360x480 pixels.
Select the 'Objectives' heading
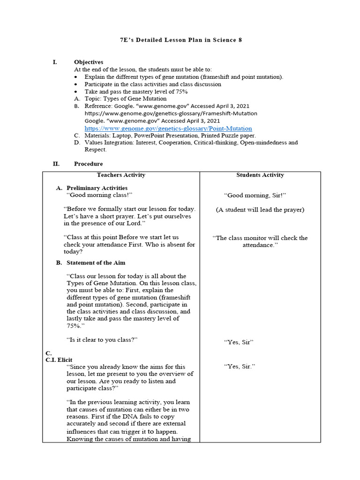[x=89, y=62]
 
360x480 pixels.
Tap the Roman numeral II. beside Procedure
[x=56, y=164]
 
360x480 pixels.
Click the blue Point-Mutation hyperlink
[x=168, y=128]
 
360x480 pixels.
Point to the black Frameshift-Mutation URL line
[x=171, y=113]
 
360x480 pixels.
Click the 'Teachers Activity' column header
[x=121, y=175]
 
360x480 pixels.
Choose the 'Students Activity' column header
[x=260, y=175]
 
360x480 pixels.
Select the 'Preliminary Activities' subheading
[x=97, y=188]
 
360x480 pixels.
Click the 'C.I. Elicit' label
[x=59, y=360]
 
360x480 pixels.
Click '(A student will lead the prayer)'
[x=260, y=210]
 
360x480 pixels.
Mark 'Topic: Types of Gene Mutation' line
[x=125, y=99]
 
